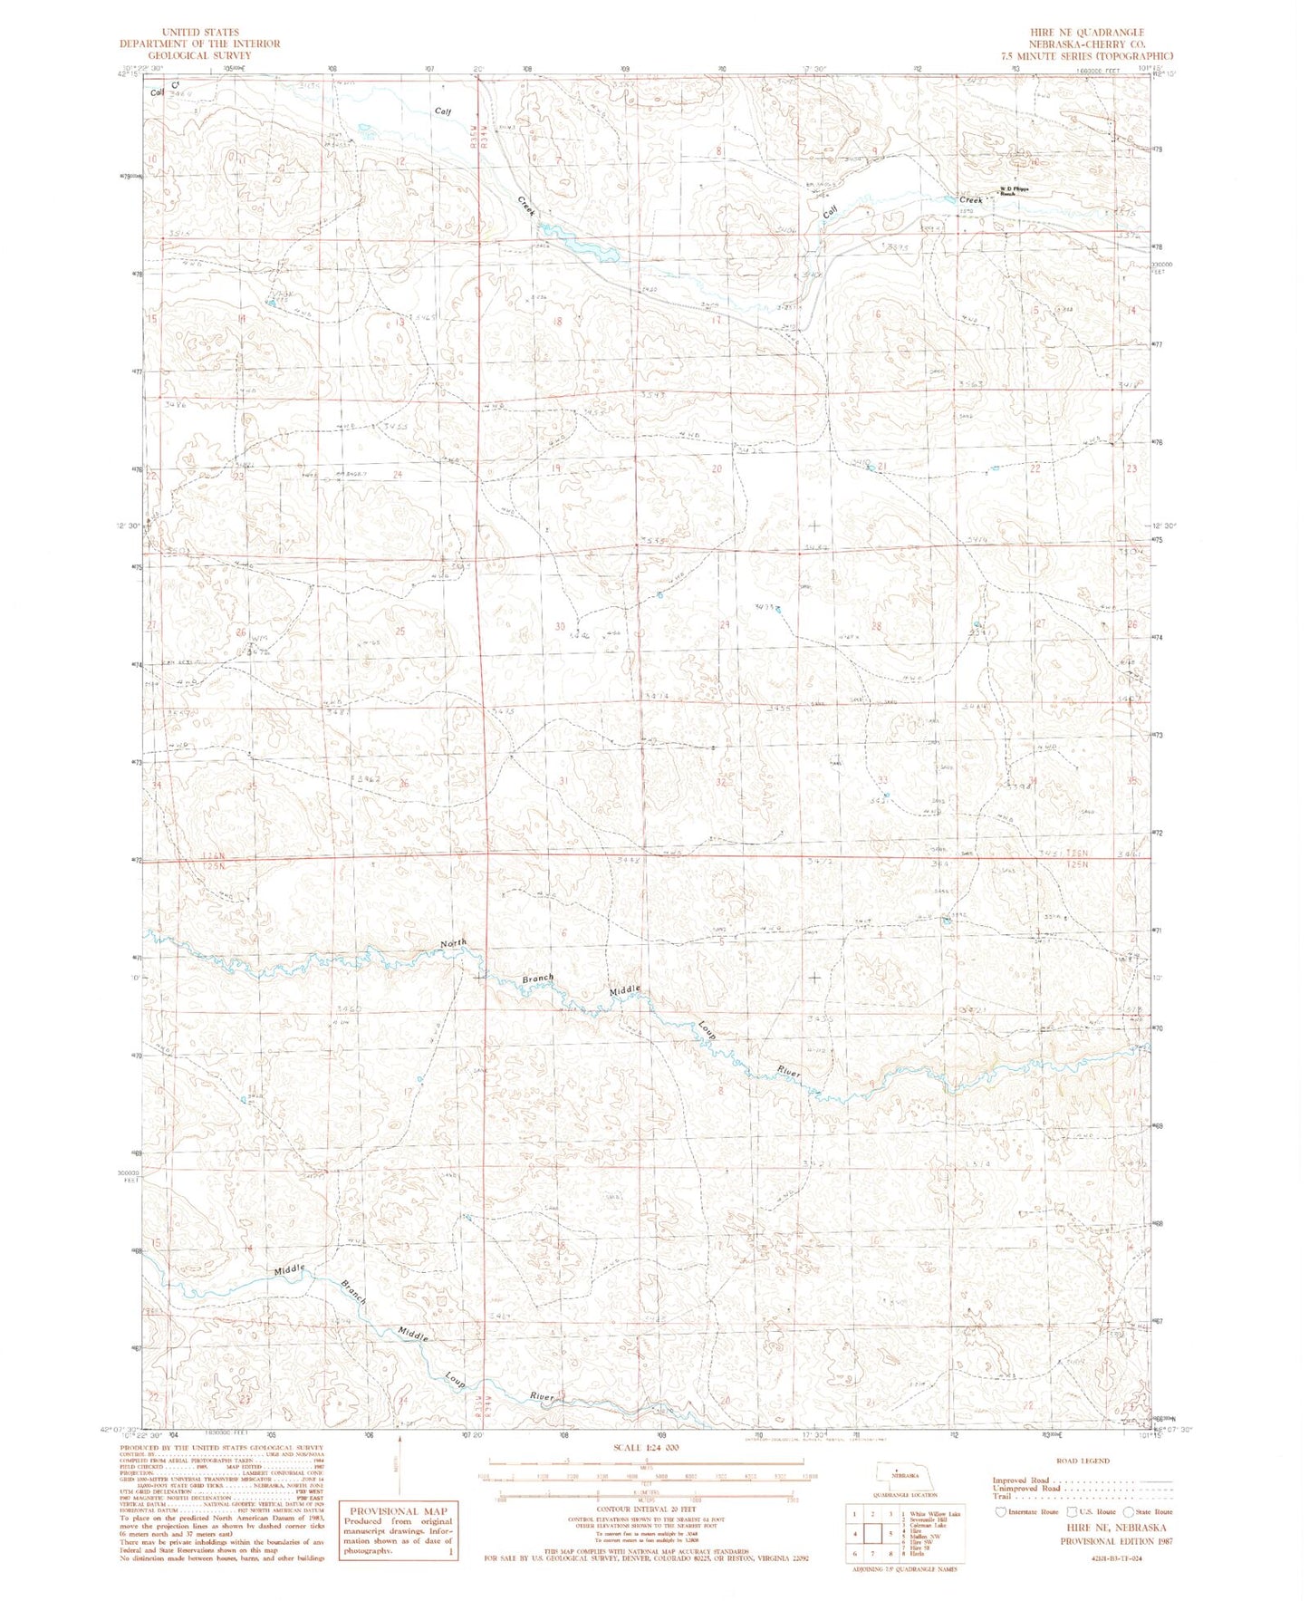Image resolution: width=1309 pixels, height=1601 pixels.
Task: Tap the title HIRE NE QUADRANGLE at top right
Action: click(1085, 32)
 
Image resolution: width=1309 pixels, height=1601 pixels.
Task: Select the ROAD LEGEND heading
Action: click(1083, 1461)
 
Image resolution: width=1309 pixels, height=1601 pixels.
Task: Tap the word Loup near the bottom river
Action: click(455, 1380)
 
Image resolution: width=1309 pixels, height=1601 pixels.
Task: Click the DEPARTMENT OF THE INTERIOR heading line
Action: click(201, 43)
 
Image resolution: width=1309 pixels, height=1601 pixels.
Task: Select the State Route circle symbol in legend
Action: click(1128, 1511)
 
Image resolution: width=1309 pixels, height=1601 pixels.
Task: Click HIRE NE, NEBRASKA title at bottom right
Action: click(1088, 1527)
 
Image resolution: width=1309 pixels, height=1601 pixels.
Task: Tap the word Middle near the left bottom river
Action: click(290, 1270)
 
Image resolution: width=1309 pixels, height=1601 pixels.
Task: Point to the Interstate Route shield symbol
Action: click(1000, 1511)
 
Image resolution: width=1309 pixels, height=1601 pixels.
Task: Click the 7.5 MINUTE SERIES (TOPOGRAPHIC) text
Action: click(1086, 55)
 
